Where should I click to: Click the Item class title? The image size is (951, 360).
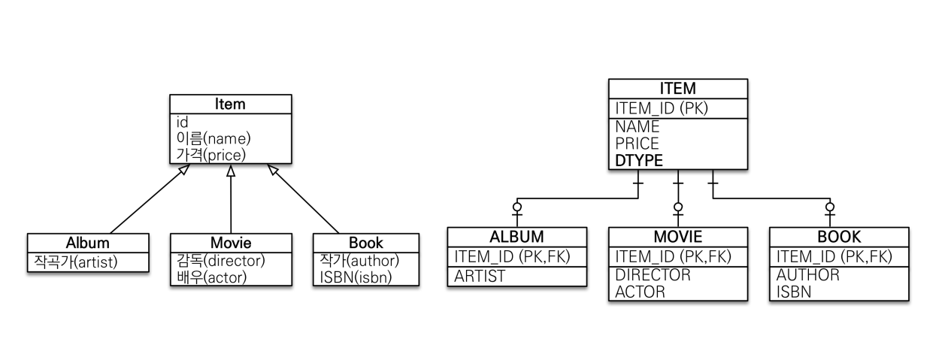(230, 104)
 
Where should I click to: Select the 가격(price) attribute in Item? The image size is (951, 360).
(212, 154)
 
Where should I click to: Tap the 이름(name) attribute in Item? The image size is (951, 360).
(214, 138)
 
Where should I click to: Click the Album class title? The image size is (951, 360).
(87, 243)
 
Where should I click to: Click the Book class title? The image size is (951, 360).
(365, 243)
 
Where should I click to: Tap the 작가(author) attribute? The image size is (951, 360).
(359, 261)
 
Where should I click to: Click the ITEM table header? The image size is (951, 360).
(678, 89)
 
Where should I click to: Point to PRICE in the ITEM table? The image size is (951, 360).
(637, 143)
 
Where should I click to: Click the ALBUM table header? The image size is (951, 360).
(516, 237)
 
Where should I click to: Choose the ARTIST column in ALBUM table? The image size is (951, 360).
(480, 276)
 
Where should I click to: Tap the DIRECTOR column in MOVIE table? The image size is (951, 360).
(653, 275)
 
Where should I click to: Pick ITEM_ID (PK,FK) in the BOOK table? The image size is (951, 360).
(834, 256)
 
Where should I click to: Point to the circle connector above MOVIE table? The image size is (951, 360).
(678, 207)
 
